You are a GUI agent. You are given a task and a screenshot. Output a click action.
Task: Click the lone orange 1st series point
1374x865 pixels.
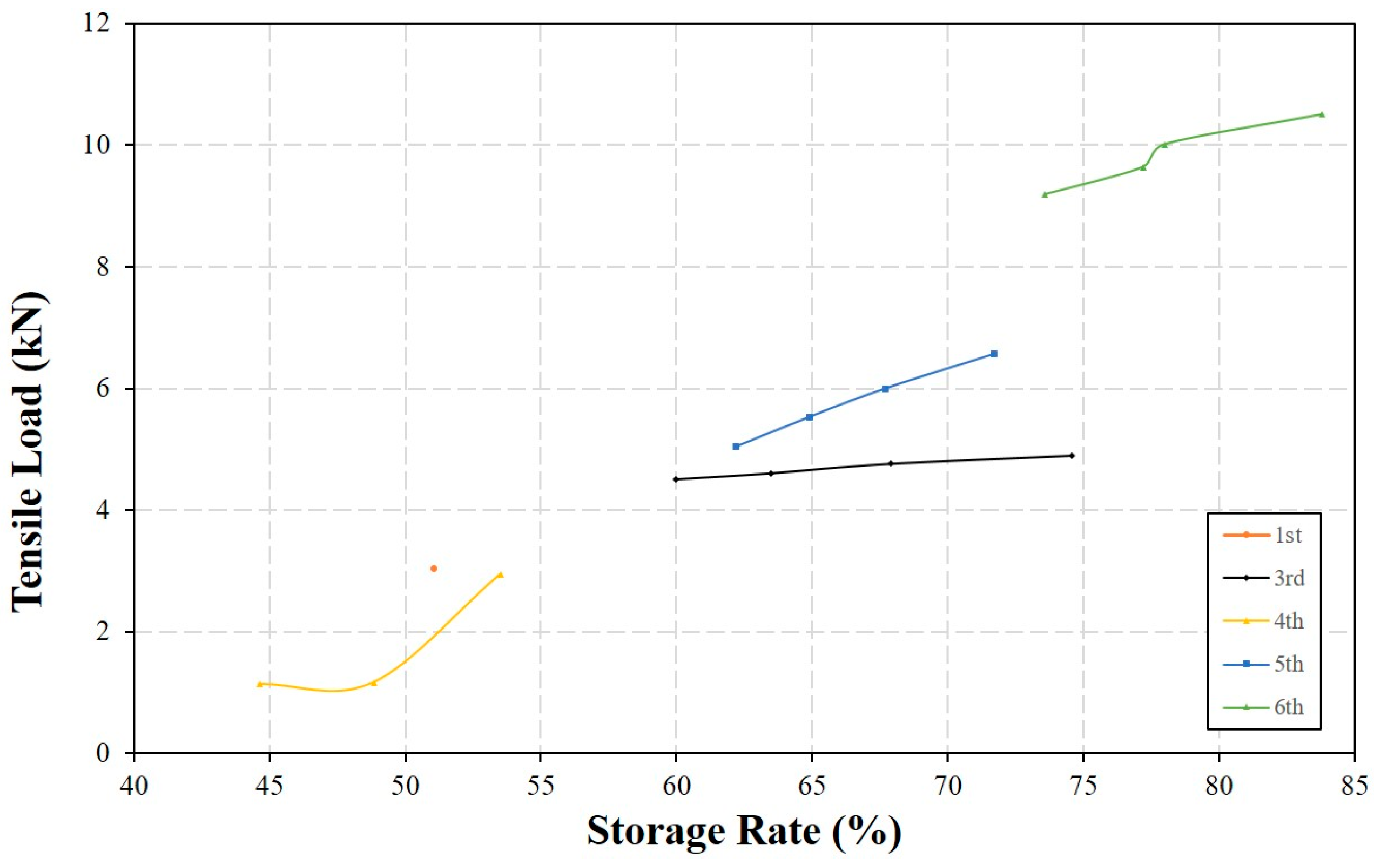(x=434, y=569)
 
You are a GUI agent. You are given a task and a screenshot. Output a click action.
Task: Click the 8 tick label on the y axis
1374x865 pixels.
(x=103, y=266)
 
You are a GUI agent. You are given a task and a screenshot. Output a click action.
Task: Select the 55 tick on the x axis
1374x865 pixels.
(x=540, y=786)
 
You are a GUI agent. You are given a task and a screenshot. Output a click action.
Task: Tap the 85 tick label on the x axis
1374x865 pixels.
(x=1353, y=786)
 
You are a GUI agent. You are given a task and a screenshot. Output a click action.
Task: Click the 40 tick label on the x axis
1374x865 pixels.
(x=133, y=786)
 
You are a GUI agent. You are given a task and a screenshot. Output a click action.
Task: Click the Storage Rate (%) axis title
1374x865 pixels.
(x=744, y=831)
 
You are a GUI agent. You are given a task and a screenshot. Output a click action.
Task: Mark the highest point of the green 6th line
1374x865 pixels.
(x=1322, y=114)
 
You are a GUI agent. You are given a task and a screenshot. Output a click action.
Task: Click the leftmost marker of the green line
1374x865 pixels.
(x=1045, y=194)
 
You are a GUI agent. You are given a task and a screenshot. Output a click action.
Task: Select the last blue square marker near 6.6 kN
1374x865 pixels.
(x=993, y=354)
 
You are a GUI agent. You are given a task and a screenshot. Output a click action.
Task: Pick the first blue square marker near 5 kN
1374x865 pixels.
(x=736, y=446)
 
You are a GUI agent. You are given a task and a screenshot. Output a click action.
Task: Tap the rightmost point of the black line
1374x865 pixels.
(x=1072, y=455)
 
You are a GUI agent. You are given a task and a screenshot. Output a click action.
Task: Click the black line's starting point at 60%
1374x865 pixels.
(x=676, y=479)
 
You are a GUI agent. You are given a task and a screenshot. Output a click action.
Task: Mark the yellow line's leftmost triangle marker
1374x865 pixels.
(x=260, y=684)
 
